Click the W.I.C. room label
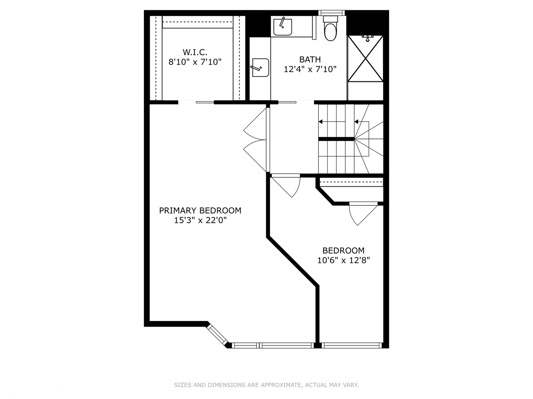195,52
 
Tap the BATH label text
310,59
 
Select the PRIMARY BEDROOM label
200,211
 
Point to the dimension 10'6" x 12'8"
343,260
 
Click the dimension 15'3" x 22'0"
200,221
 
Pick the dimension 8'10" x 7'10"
195,62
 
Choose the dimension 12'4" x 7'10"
310,69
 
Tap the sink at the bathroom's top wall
282,27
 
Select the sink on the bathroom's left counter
261,68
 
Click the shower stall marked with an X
365,58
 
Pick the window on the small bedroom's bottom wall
351,345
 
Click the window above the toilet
332,13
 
